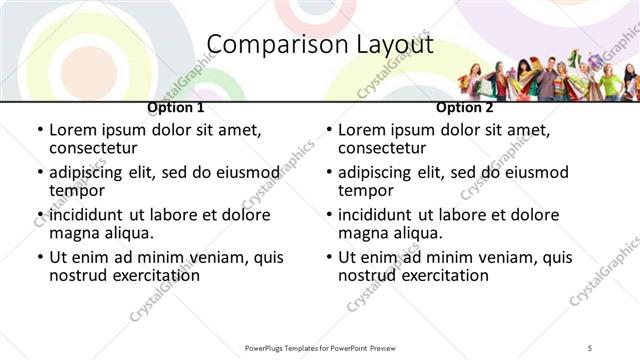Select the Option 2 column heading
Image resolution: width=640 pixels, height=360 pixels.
(465, 108)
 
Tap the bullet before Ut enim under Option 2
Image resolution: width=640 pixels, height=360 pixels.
(329, 258)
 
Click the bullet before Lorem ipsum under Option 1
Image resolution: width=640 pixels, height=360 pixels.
(40, 130)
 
